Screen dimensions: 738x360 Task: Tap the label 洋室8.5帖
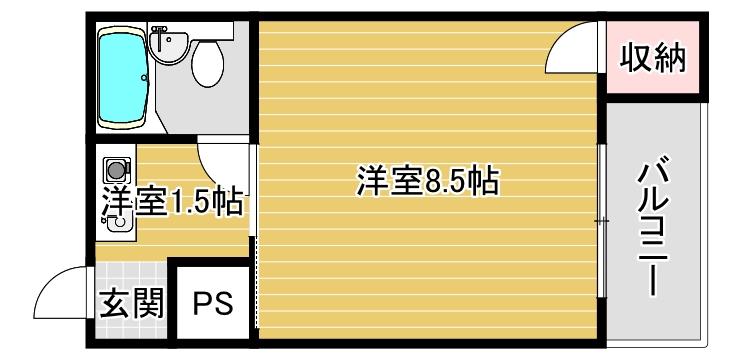pos(427,182)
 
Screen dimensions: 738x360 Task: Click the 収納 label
pos(654,60)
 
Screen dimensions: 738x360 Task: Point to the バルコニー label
pos(654,224)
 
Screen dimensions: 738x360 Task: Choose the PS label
pos(212,303)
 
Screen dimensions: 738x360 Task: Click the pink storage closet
pos(654,60)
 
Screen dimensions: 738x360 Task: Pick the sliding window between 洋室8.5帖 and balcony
pos(601,220)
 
